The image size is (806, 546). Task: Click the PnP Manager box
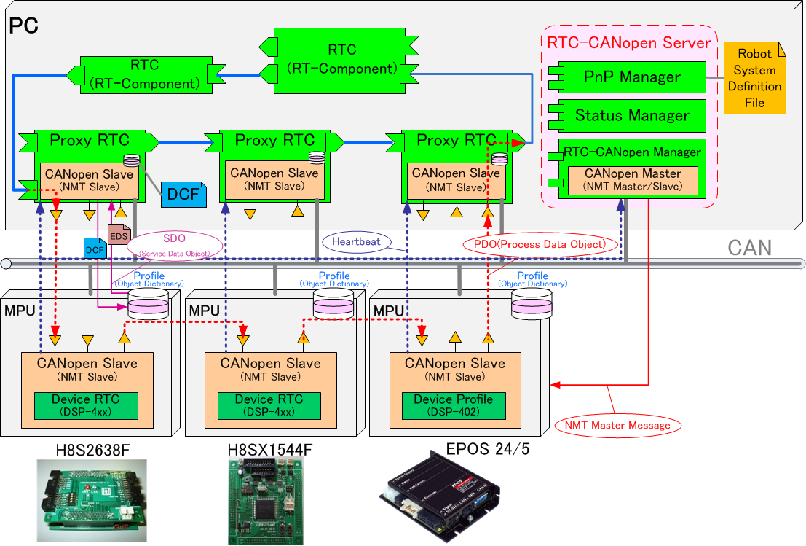pos(632,77)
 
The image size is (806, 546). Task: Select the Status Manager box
pos(632,115)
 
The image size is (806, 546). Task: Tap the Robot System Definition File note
pos(754,78)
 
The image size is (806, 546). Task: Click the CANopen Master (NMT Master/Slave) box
pos(632,180)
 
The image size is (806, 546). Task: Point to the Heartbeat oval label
pos(356,241)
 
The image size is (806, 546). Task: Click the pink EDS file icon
pos(118,234)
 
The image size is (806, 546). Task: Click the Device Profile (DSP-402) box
pos(453,405)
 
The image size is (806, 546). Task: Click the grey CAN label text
pos(749,247)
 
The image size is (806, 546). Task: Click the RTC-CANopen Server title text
pos(628,42)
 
